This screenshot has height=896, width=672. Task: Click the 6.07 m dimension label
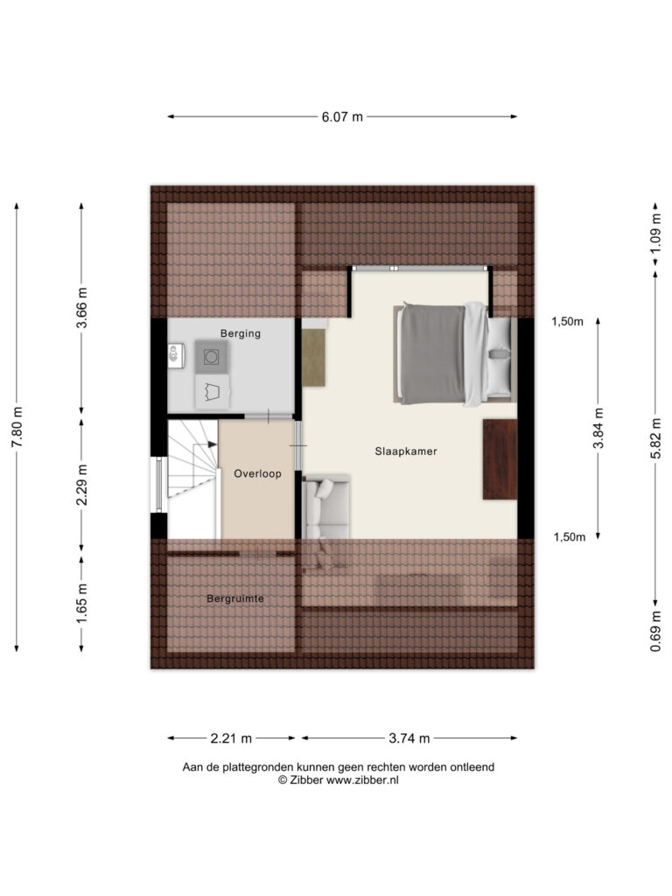tap(342, 117)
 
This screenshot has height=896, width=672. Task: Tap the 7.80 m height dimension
tap(17, 427)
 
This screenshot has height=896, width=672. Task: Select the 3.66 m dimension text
tap(81, 308)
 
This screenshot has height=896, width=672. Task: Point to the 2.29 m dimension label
tap(81, 485)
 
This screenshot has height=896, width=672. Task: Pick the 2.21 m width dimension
tap(231, 738)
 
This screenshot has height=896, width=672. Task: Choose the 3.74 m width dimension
tap(409, 738)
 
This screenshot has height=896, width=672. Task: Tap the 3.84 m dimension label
tap(598, 427)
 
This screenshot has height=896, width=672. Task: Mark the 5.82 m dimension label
tap(655, 437)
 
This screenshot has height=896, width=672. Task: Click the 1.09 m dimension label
tap(655, 233)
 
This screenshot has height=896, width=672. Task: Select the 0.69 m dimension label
tap(655, 631)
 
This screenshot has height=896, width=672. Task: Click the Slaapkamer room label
tap(406, 451)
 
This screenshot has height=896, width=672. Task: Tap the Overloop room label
tap(258, 473)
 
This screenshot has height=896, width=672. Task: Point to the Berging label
tap(241, 333)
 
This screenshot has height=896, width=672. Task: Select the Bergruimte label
tap(235, 598)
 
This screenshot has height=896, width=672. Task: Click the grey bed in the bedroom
tap(454, 353)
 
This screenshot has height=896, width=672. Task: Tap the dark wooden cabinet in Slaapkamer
tap(500, 459)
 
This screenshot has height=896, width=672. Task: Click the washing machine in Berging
tap(212, 357)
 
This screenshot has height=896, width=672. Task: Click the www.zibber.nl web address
tap(362, 780)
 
